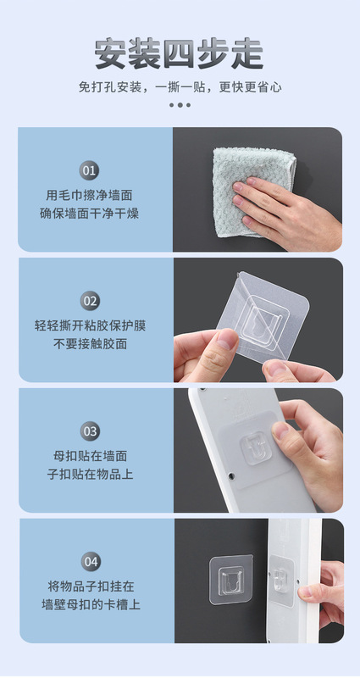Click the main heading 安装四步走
point(179,53)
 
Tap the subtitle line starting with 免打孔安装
point(180,87)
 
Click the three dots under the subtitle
point(180,104)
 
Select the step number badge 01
point(89,170)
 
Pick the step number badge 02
point(90,301)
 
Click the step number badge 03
point(90,431)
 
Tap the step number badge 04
point(91,562)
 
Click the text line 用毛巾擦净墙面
point(90,196)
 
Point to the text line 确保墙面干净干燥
point(90,214)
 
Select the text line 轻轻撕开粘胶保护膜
point(91,325)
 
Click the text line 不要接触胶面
point(91,344)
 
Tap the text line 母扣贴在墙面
point(91,456)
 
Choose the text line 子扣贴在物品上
point(91,475)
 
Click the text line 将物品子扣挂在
point(91,586)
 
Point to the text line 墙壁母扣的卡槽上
point(91,605)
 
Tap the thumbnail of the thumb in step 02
point(228,340)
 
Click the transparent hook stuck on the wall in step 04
point(231,580)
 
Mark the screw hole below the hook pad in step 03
point(231,475)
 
